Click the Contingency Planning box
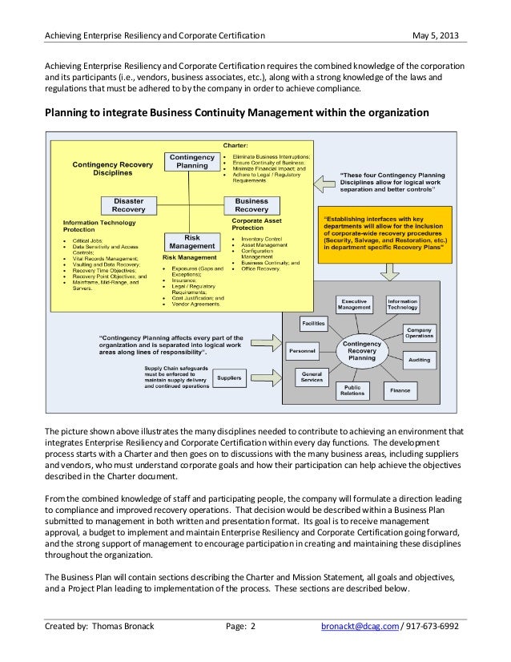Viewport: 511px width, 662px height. click(191, 162)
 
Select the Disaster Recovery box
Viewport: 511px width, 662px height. click(128, 205)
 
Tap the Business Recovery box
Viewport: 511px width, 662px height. click(251, 205)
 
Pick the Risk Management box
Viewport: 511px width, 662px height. click(191, 242)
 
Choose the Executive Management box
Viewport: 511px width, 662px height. click(354, 304)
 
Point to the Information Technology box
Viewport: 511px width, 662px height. click(402, 304)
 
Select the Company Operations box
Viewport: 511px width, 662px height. click(419, 333)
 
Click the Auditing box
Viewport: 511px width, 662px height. click(419, 361)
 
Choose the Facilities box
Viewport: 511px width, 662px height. click(313, 323)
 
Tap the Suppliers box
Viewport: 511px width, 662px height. click(230, 377)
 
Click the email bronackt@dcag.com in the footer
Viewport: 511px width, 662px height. click(357, 628)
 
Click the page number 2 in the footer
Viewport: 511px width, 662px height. click(252, 628)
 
